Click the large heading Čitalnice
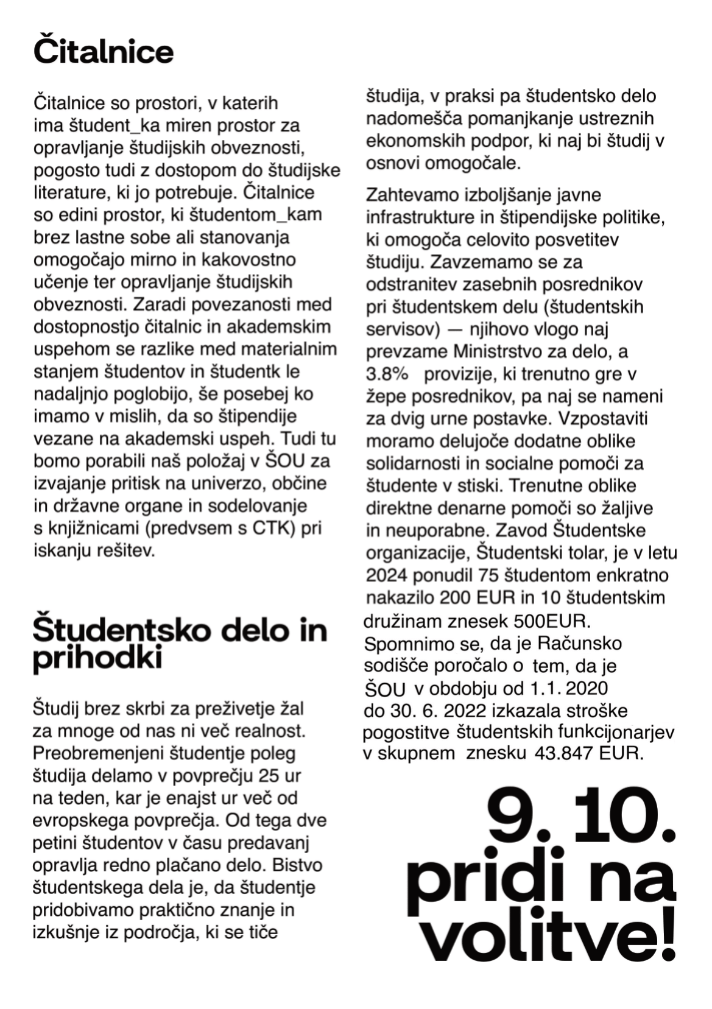coord(104,52)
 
